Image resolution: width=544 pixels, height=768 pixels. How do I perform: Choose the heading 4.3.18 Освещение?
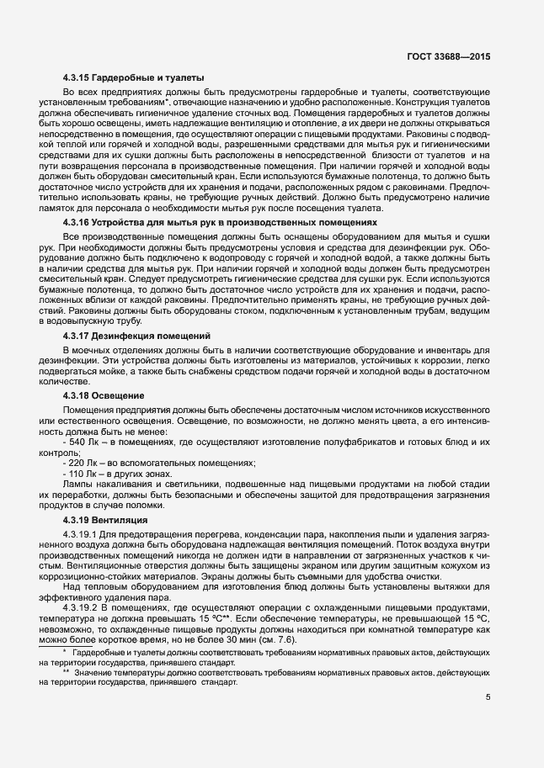pyautogui.click(x=104, y=395)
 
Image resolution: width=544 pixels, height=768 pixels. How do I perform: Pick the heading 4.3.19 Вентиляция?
pyautogui.click(x=105, y=520)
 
